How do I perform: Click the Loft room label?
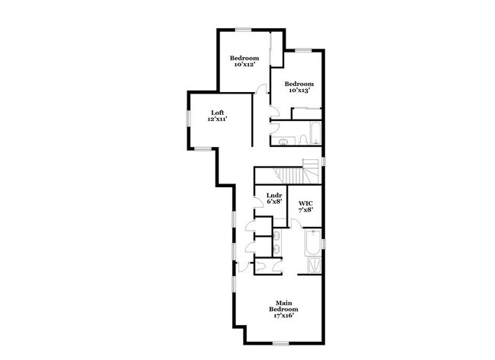(218, 113)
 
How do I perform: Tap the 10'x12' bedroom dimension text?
(244, 65)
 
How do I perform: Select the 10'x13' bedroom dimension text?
(299, 91)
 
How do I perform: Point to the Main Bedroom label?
(283, 306)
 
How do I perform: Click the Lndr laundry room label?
(274, 196)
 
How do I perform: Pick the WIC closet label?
(305, 203)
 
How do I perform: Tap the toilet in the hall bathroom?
(303, 140)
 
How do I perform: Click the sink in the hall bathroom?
(283, 141)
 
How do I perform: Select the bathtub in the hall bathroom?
(316, 133)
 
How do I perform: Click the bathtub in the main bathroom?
(312, 243)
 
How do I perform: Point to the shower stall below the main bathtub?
(315, 265)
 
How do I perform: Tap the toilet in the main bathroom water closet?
(260, 266)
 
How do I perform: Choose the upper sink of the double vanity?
(277, 235)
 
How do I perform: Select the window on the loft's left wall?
(188, 119)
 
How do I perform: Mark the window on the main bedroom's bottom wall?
(281, 343)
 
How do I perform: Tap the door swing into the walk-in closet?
(296, 225)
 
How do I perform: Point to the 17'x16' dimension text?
(283, 316)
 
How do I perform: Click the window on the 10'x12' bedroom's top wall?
(244, 30)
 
